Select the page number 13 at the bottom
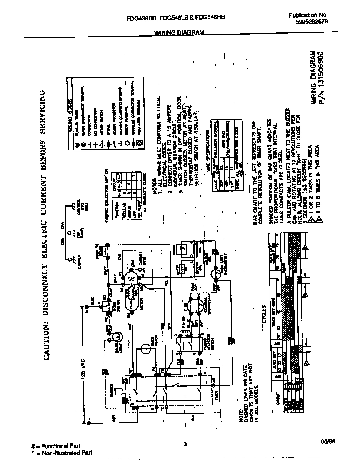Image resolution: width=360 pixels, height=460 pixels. (x=184, y=444)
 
